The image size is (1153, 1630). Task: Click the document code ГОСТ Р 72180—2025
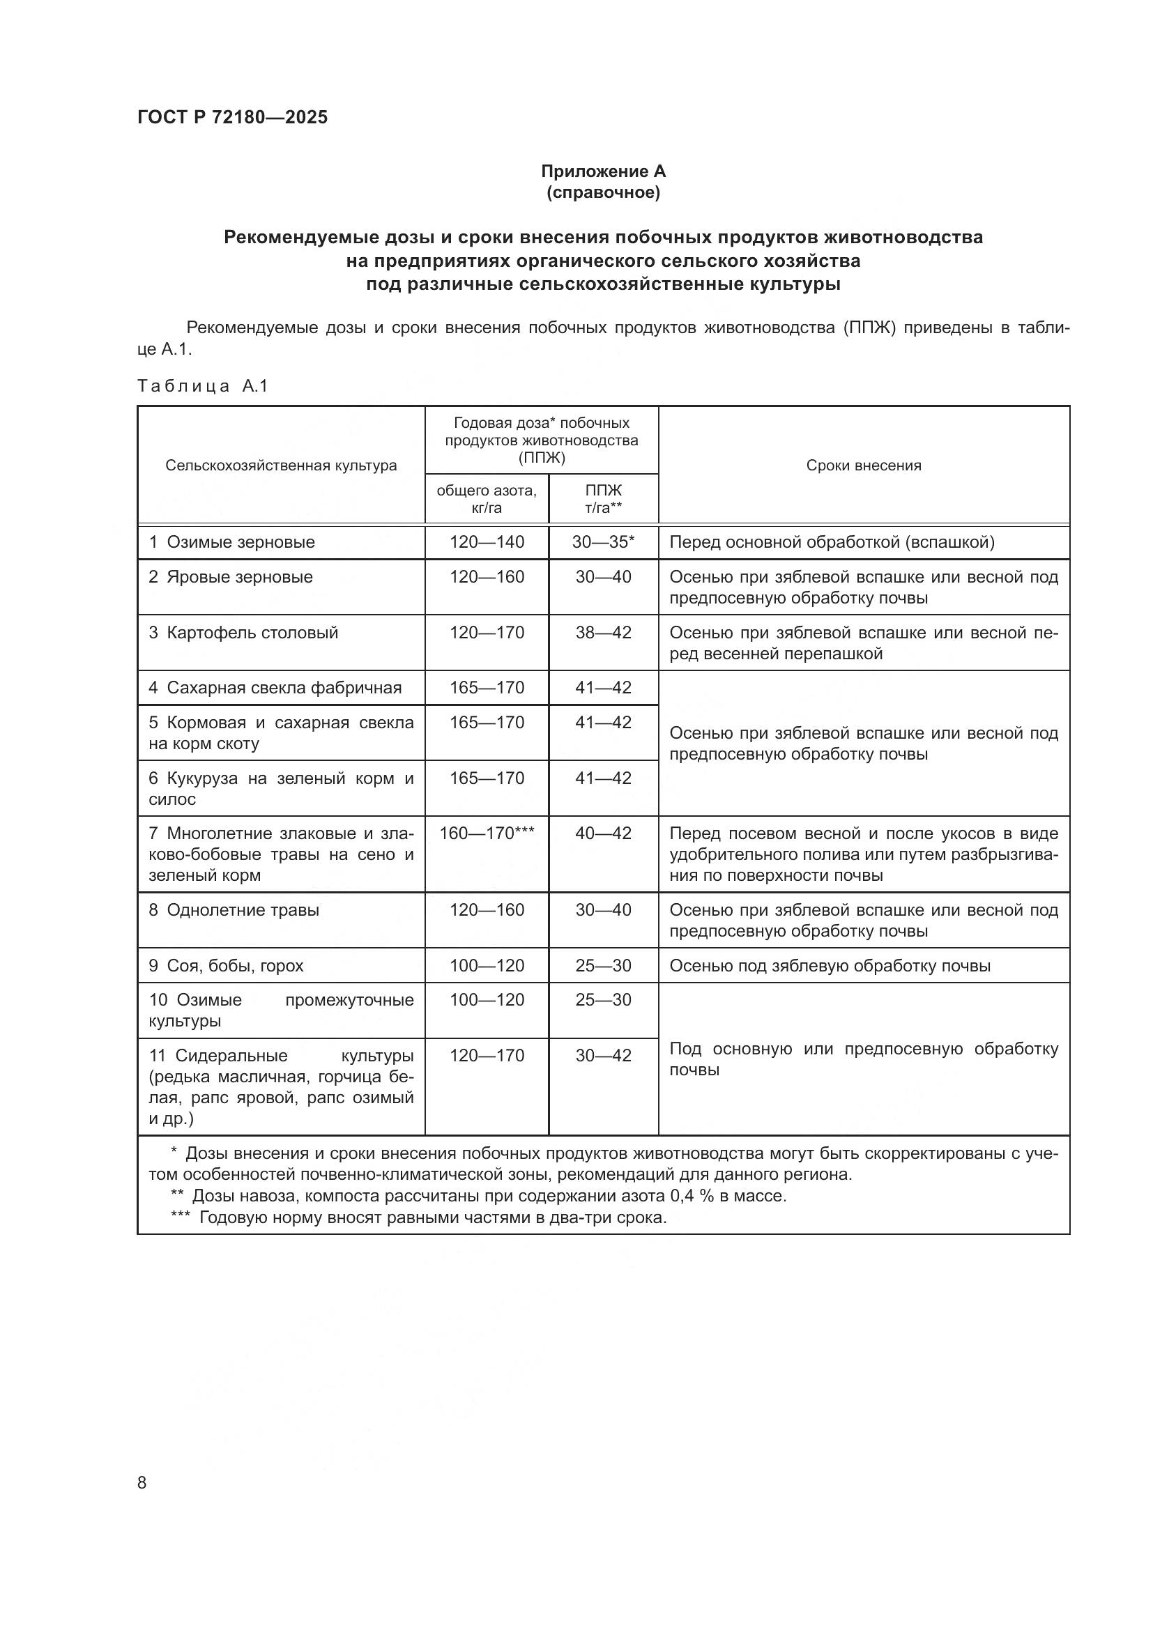pos(232,117)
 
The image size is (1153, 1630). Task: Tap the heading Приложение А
pos(603,171)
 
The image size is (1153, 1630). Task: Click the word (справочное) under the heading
pos(603,192)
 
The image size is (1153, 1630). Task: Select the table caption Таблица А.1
pos(202,386)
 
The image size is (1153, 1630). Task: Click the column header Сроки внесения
pos(863,466)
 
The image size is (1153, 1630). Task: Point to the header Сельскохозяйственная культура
pos(281,466)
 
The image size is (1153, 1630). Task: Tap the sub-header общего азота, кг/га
pos(487,499)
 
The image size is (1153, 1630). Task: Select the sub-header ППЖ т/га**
pos(603,499)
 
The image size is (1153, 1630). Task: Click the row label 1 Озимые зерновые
pos(232,542)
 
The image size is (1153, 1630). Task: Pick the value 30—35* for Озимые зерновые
pos(603,542)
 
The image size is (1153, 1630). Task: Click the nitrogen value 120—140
pos(487,542)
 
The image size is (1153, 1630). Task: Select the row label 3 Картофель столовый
pos(243,633)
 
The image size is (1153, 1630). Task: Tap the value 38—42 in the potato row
pos(603,633)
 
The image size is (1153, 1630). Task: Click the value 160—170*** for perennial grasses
pos(487,833)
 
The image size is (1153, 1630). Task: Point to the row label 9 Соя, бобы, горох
pos(226,965)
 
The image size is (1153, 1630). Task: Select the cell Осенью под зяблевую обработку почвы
pos(830,965)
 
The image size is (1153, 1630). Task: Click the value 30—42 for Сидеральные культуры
pos(603,1056)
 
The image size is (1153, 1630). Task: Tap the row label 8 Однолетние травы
pos(234,910)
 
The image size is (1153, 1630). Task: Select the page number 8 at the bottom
pos(142,1483)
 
